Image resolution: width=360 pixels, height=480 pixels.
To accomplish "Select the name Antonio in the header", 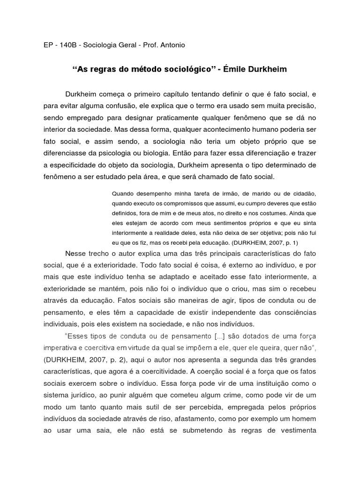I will click(171, 45).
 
